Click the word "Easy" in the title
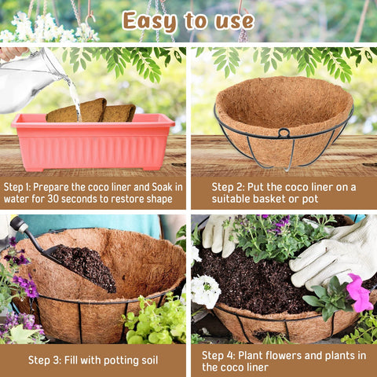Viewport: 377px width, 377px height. [149, 21]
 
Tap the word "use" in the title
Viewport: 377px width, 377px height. [234, 21]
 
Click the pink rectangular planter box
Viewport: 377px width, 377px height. [93, 143]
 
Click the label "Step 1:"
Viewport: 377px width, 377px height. [17, 187]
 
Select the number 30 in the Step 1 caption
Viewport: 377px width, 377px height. [53, 199]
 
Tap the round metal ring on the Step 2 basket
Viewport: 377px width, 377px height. [284, 133]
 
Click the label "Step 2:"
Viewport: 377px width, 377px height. [228, 187]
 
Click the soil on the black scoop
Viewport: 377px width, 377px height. [85, 267]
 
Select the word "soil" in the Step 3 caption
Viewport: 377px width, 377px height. [150, 361]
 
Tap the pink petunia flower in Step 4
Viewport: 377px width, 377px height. [359, 293]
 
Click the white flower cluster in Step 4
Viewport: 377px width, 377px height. [205, 291]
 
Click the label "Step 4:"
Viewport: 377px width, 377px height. [218, 356]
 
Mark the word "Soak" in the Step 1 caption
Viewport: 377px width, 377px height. [162, 187]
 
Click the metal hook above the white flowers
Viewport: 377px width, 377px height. [90, 16]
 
